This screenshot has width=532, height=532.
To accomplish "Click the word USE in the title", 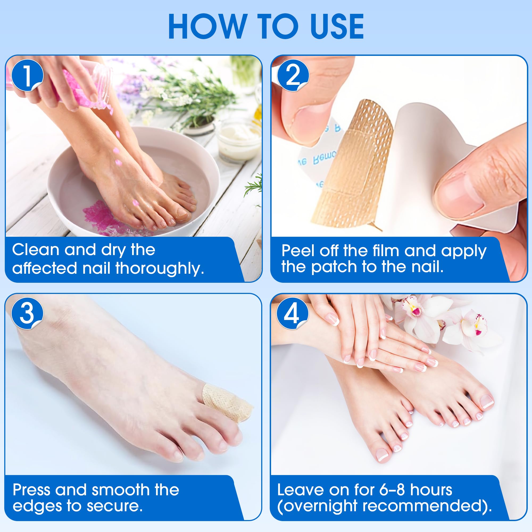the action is tap(337, 26).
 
